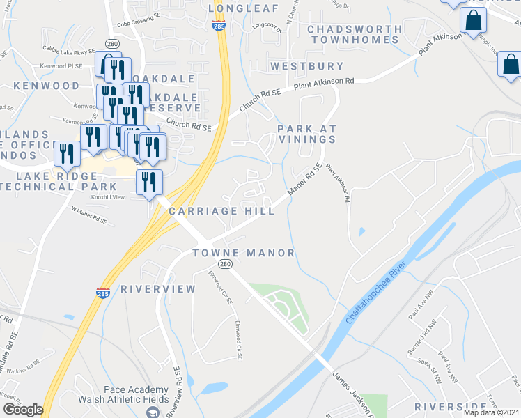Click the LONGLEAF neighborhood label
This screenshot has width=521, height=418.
point(243,8)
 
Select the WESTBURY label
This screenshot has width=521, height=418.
point(306,66)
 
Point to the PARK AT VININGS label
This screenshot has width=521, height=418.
point(306,134)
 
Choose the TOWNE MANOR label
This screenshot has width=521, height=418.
point(243,253)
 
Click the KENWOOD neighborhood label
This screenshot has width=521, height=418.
point(46,86)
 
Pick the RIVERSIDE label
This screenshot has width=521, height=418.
point(450,406)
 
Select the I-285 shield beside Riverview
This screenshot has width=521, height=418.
point(103,294)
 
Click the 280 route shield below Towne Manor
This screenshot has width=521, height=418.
point(224,265)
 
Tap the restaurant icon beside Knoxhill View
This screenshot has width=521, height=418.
point(149,183)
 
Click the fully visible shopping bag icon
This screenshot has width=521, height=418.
point(473,22)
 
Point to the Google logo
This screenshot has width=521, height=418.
point(23,410)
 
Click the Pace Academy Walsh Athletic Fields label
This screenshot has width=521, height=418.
point(137,394)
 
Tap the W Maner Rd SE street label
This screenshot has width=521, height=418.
point(88,215)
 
